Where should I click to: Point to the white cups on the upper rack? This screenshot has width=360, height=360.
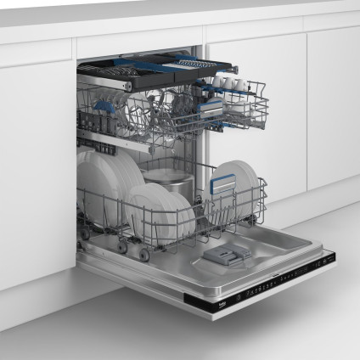[x=229, y=83]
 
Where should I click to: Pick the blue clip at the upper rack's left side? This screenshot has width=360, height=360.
[x=104, y=107]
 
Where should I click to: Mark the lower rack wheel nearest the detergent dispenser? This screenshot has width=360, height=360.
[x=145, y=254]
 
